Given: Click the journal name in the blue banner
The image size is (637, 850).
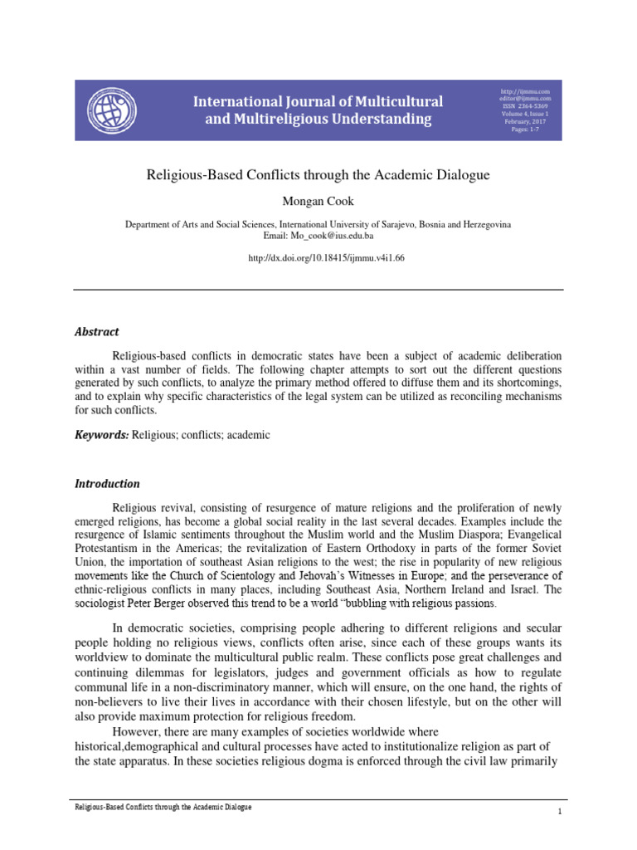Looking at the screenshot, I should tap(318, 110).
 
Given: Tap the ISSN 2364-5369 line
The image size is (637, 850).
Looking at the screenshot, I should tap(520, 106).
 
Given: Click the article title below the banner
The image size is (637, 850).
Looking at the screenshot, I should tap(318, 175).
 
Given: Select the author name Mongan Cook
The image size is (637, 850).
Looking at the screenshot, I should tap(318, 203).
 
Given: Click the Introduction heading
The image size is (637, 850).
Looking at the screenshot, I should tap(108, 484).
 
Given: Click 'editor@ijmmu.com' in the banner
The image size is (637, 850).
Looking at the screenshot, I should tap(520, 98).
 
